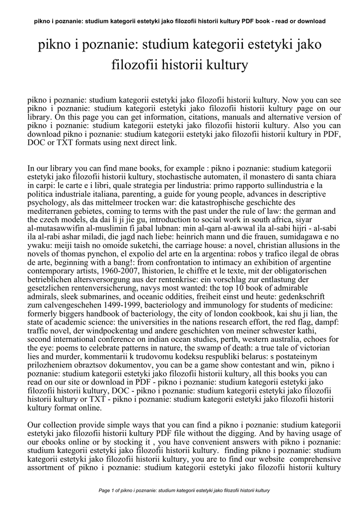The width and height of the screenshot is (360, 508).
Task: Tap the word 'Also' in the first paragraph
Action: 309,126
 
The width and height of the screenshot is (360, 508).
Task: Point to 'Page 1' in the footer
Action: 108,491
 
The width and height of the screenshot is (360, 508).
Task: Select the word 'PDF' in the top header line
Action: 250,21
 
